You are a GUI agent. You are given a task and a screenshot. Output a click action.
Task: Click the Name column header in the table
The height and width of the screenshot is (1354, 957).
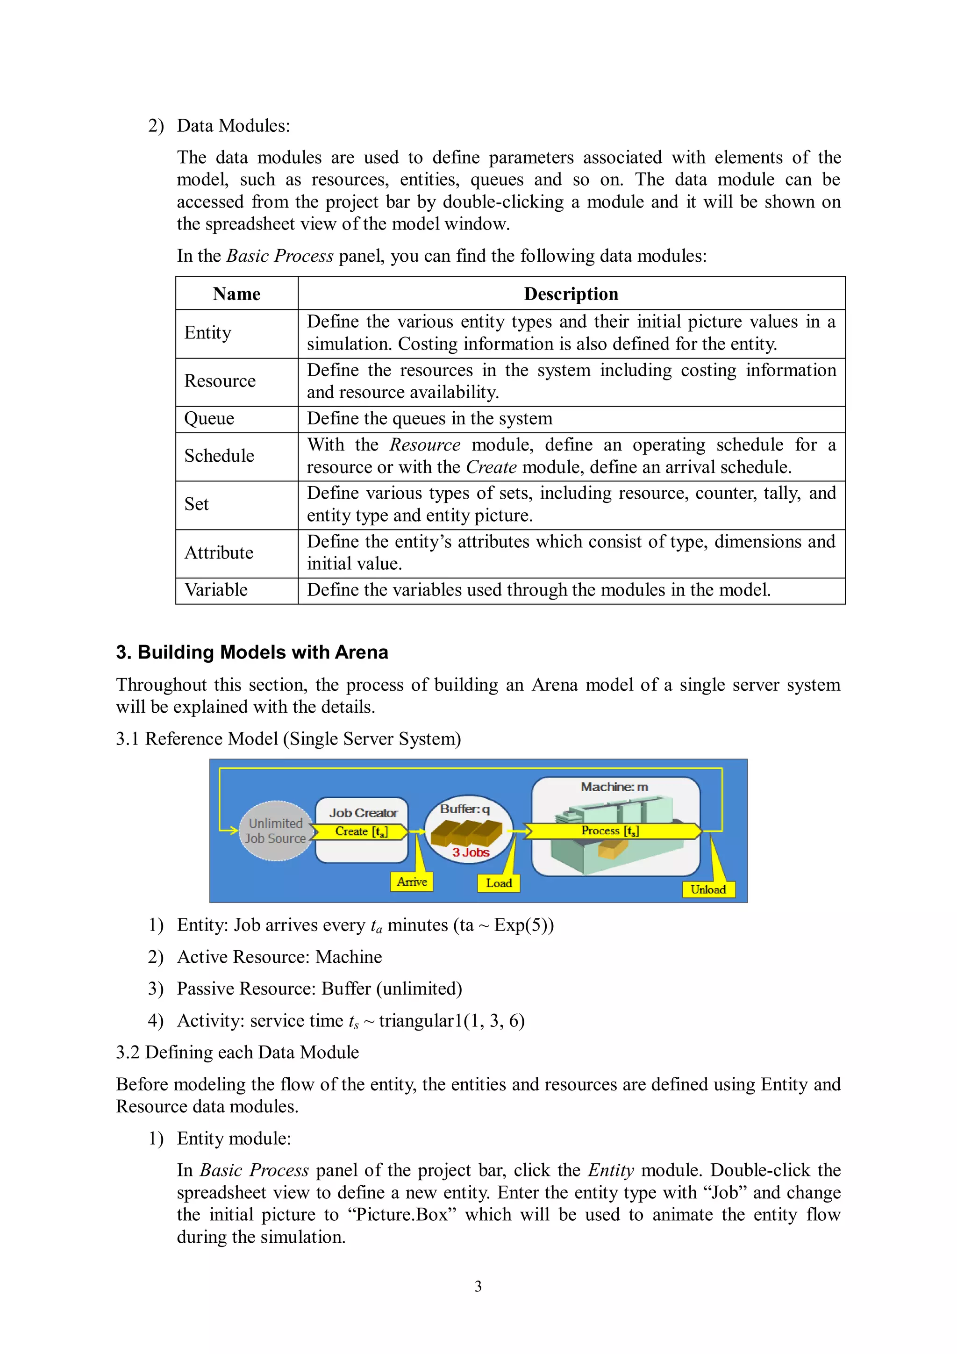click(236, 294)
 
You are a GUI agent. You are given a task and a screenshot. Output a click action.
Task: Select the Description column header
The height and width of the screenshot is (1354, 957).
click(571, 294)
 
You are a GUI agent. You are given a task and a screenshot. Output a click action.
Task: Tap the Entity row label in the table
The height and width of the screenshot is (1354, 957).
click(207, 333)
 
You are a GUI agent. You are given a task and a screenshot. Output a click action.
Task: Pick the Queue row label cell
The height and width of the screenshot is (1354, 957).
click(209, 419)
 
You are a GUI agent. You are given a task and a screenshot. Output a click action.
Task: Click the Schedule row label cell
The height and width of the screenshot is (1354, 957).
click(219, 456)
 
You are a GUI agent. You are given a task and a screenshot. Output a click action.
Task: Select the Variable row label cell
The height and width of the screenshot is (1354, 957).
click(216, 590)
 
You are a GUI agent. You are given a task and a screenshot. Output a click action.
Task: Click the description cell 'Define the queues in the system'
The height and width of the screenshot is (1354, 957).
click(429, 419)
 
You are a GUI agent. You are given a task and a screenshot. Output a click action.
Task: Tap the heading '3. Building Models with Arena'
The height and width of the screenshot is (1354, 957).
click(252, 652)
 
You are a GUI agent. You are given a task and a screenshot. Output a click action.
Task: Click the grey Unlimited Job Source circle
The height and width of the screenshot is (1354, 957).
click(275, 831)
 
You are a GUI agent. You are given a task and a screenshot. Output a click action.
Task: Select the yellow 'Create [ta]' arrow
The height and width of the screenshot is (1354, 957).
click(360, 831)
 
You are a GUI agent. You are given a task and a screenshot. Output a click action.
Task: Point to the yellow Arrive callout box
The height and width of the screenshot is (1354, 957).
click(412, 881)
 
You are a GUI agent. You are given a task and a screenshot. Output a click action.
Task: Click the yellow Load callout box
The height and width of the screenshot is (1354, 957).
click(498, 883)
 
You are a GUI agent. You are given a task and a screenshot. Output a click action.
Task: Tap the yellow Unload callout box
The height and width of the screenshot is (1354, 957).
click(708, 889)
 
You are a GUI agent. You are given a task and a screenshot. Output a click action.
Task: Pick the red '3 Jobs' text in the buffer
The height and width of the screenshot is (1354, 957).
click(471, 852)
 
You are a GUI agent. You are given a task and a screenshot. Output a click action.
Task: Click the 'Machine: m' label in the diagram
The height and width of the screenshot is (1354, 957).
click(614, 787)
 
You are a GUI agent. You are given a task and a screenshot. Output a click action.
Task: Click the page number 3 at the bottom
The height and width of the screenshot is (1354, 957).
click(478, 1286)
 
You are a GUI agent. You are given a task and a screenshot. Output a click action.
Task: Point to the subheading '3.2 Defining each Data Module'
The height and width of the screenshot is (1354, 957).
click(237, 1052)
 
